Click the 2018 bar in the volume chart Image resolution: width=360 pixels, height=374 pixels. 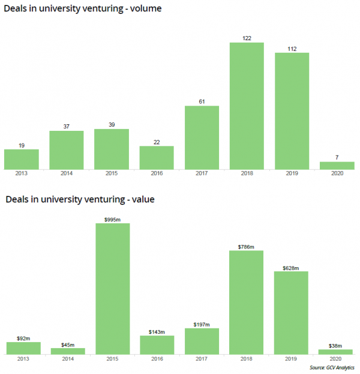point(247,106)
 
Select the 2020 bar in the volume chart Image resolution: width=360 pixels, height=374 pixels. point(337,166)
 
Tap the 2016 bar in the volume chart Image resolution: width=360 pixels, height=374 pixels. point(157,158)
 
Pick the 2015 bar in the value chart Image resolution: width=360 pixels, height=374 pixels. point(113,289)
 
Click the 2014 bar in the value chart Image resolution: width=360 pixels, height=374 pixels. point(67,351)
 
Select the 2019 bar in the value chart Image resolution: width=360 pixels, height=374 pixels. point(292,313)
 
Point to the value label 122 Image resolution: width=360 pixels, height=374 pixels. point(247,38)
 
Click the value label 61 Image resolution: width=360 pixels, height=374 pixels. point(202,101)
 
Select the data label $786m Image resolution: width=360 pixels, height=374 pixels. point(247,246)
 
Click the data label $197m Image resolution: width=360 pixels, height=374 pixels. point(202,324)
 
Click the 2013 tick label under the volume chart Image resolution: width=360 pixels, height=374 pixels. point(22,175)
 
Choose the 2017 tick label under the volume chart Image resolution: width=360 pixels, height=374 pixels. point(202,175)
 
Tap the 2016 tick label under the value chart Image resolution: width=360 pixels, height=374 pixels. point(157,360)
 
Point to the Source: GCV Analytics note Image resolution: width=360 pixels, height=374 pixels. point(332,367)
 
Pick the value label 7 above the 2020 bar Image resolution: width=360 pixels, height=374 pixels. point(337,157)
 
